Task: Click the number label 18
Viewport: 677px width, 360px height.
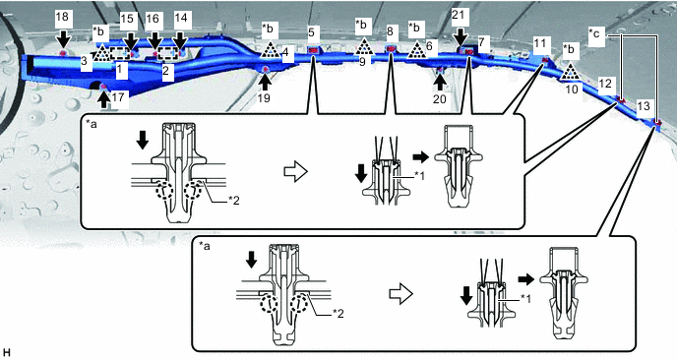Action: coord(62,17)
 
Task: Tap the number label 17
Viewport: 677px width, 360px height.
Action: coord(117,97)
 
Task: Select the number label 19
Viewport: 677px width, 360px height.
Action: coord(264,98)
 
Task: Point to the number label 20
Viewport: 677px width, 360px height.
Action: coord(440,99)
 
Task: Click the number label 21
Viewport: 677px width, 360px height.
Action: coord(459,15)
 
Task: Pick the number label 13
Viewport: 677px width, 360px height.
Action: coord(644,106)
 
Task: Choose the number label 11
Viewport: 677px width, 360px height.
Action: coord(539,43)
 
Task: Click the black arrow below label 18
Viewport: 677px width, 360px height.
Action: coord(63,39)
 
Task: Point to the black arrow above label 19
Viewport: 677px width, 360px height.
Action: coord(265,81)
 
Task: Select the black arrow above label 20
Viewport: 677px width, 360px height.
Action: coord(440,81)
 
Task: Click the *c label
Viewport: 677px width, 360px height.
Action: coord(596,33)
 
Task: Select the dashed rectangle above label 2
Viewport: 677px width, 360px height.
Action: coord(167,53)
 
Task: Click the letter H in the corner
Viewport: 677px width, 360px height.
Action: coord(6,352)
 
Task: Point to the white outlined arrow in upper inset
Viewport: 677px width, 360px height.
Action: coord(295,172)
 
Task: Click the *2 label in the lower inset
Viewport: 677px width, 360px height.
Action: coord(338,314)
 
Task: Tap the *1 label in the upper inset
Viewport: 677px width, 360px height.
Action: coord(419,175)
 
